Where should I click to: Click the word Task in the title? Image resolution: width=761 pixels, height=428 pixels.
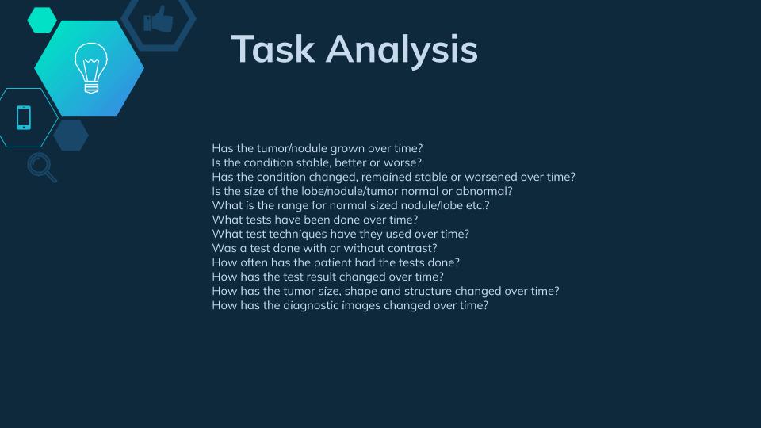coord(273,48)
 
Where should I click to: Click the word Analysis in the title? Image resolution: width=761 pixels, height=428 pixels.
coord(402,51)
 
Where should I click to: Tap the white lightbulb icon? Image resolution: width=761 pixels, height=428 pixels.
coord(90,68)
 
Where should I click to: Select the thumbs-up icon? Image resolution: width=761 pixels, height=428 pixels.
coord(159,19)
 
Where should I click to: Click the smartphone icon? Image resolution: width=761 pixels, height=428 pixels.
coord(24,117)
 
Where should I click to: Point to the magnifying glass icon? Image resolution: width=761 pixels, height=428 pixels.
coord(42,167)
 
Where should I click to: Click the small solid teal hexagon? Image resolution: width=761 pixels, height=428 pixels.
coord(42,21)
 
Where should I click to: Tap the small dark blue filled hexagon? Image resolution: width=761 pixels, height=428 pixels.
coord(71,135)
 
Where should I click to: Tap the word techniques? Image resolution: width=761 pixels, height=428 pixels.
coord(297,234)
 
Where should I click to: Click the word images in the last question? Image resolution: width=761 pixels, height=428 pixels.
coord(360,306)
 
